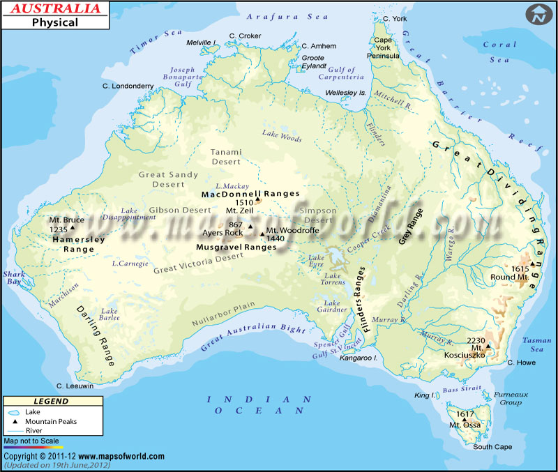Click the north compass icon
[538, 14]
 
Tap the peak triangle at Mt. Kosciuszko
[488, 345]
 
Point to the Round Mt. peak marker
[531, 264]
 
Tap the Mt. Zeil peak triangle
[257, 200]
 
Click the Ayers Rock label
[223, 233]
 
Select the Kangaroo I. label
[359, 358]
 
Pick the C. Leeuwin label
[75, 386]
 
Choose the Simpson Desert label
[317, 215]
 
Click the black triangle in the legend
[15, 421]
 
